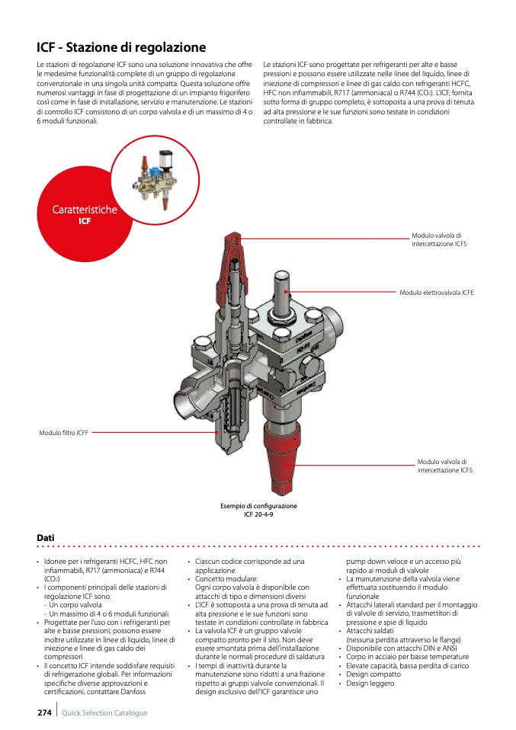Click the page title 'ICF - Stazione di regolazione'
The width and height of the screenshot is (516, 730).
point(121,47)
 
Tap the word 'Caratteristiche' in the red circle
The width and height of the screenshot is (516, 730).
point(85,210)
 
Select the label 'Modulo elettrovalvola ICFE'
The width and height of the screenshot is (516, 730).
point(436,293)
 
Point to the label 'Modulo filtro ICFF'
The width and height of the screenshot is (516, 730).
point(64,433)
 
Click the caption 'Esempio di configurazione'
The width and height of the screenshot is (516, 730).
point(258,506)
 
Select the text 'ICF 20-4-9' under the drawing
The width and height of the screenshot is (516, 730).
point(258,514)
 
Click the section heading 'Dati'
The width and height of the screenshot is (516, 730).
point(45,538)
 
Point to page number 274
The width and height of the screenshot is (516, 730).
point(44,712)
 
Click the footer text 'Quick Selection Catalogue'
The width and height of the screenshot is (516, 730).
point(104,713)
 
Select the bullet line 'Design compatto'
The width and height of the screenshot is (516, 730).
point(373,674)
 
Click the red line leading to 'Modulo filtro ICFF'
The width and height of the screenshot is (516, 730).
point(152,433)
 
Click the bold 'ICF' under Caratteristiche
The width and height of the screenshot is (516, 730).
point(85,221)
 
